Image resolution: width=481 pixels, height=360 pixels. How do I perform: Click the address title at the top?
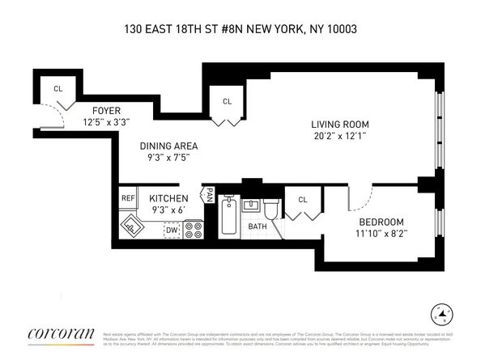click(x=240, y=29)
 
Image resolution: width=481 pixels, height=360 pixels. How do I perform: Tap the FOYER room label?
click(x=107, y=110)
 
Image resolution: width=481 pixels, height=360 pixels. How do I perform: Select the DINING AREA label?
click(x=168, y=146)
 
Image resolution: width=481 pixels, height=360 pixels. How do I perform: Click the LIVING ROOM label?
click(x=339, y=124)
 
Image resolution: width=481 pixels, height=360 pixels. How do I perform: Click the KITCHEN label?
click(x=168, y=198)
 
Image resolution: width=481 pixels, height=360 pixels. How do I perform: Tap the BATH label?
click(x=257, y=227)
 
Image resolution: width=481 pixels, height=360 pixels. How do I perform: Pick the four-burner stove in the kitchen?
click(x=194, y=230)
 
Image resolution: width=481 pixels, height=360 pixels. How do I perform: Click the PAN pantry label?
click(x=209, y=195)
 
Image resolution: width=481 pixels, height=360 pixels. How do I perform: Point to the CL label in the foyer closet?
click(x=57, y=89)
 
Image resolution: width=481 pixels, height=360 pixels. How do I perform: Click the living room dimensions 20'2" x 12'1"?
click(x=339, y=136)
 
